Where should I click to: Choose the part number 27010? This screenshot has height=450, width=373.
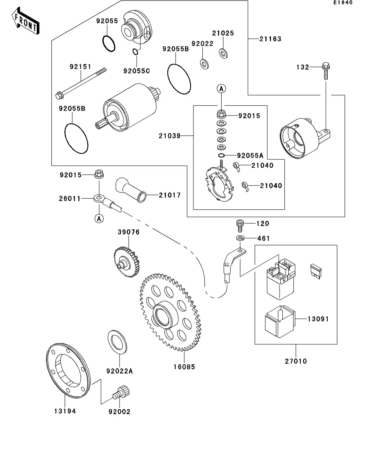coord(296,361)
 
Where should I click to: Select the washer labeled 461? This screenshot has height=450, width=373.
coord(240,238)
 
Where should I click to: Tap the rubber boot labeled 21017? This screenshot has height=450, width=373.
coord(131,190)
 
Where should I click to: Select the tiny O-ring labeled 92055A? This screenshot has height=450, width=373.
coord(221,155)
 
